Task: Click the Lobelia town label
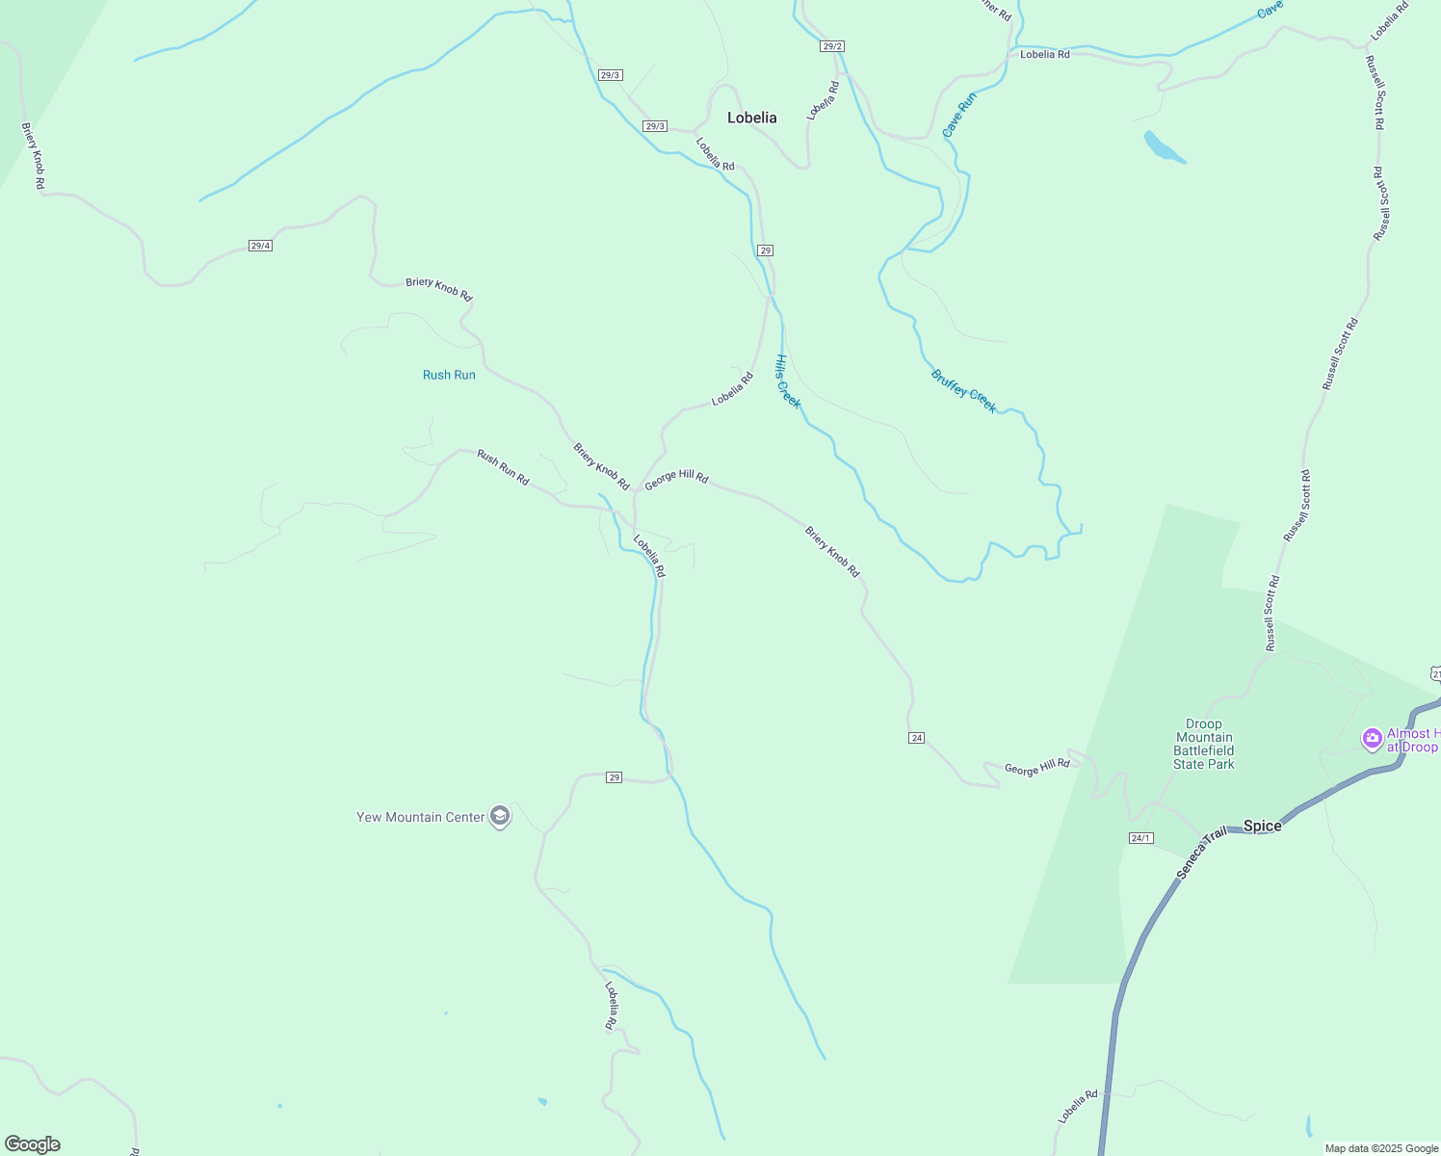pyautogui.click(x=751, y=118)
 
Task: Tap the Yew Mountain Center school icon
pyautogui.click(x=499, y=817)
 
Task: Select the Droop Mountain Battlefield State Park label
pyautogui.click(x=1203, y=744)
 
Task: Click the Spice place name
pyautogui.click(x=1262, y=826)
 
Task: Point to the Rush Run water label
pyautogui.click(x=449, y=375)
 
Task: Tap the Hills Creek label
pyautogui.click(x=787, y=381)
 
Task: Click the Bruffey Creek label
pyautogui.click(x=963, y=391)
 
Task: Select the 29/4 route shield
pyautogui.click(x=260, y=246)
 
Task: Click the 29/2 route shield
pyautogui.click(x=832, y=46)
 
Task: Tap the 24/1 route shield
pyautogui.click(x=1140, y=838)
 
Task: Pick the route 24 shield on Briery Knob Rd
pyautogui.click(x=916, y=738)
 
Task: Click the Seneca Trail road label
pyautogui.click(x=1201, y=853)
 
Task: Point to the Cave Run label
pyautogui.click(x=958, y=115)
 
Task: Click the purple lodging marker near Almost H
pyautogui.click(x=1372, y=739)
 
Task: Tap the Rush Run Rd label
pyautogui.click(x=503, y=467)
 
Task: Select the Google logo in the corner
pyautogui.click(x=32, y=1144)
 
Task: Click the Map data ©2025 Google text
pyautogui.click(x=1380, y=1148)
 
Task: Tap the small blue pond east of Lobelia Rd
pyautogui.click(x=1164, y=147)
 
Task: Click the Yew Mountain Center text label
pyautogui.click(x=420, y=817)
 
